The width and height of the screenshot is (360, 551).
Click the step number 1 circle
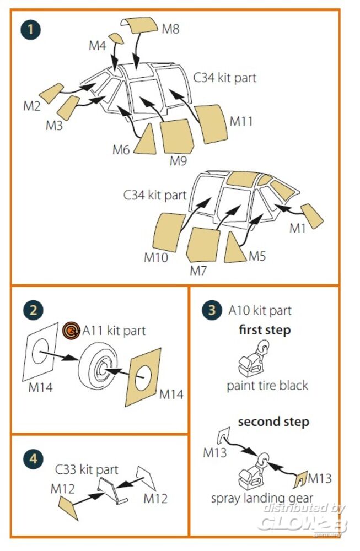tap(30, 28)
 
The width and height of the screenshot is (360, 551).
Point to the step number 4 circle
tap(33, 459)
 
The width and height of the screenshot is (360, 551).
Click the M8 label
tap(170, 29)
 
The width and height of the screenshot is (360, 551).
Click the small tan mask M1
tap(312, 216)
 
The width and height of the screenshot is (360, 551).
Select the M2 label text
tap(31, 106)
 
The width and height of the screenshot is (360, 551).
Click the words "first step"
tap(265, 330)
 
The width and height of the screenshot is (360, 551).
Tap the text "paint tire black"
tap(267, 385)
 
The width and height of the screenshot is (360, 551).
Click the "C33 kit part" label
tap(87, 470)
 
